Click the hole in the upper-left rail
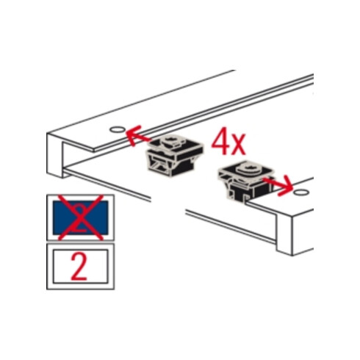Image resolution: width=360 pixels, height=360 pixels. point(117,129)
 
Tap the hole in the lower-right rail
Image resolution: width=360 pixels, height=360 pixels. point(301,192)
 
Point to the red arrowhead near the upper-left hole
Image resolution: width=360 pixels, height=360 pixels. point(133,135)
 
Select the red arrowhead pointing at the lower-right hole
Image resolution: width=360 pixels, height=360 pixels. point(286,187)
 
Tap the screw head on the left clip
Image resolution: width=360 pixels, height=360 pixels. point(170,140)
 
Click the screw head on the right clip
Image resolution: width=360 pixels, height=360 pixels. point(248,168)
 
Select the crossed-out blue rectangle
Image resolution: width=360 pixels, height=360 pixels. point(81,217)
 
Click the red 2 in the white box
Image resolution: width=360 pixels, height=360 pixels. point(79,267)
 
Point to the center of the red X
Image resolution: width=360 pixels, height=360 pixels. point(81,217)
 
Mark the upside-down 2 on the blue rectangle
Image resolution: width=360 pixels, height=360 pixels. point(81,217)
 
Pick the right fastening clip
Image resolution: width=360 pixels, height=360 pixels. point(247,181)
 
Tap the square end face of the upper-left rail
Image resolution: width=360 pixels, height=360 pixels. point(55,155)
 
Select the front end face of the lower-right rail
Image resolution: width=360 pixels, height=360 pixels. point(284,234)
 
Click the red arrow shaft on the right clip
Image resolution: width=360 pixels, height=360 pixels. point(272,183)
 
